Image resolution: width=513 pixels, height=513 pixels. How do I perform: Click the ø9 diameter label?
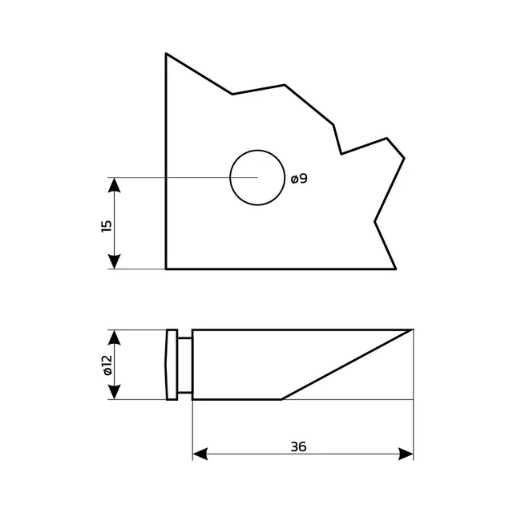[299, 179]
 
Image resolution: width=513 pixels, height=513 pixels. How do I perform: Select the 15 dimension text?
[107, 226]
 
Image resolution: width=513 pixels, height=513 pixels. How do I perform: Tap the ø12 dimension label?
[107, 366]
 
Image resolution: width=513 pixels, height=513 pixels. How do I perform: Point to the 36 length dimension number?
[298, 446]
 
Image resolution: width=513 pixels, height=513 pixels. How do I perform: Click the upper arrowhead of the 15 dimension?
[114, 185]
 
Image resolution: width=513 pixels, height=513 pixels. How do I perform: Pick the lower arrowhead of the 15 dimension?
[114, 261]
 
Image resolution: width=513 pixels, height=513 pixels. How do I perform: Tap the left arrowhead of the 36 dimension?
[200, 454]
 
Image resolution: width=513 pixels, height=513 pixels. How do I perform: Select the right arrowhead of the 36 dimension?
[406, 454]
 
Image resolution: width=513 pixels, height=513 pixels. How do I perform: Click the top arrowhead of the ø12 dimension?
[114, 337]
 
